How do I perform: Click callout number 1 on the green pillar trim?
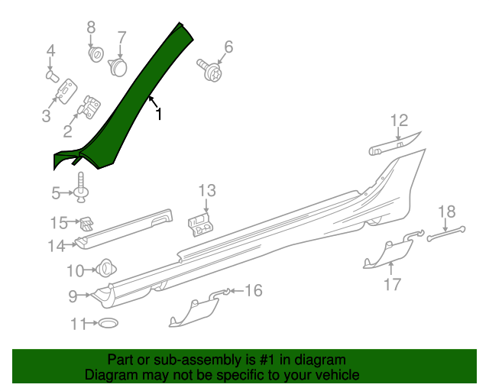pyautogui.click(x=159, y=115)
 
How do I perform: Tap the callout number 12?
pyautogui.click(x=399, y=120)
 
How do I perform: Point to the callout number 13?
pyautogui.click(x=207, y=191)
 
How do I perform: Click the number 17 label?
pyautogui.click(x=392, y=285)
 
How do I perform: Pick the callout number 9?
pyautogui.click(x=73, y=296)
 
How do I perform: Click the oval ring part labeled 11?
pyautogui.click(x=108, y=324)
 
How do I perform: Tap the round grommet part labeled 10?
pyautogui.click(x=104, y=269)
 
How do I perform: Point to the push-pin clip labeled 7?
pyautogui.click(x=118, y=67)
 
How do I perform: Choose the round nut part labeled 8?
pyautogui.click(x=96, y=55)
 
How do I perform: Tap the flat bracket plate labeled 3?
pyautogui.click(x=66, y=90)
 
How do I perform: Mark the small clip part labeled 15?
pyautogui.click(x=89, y=223)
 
